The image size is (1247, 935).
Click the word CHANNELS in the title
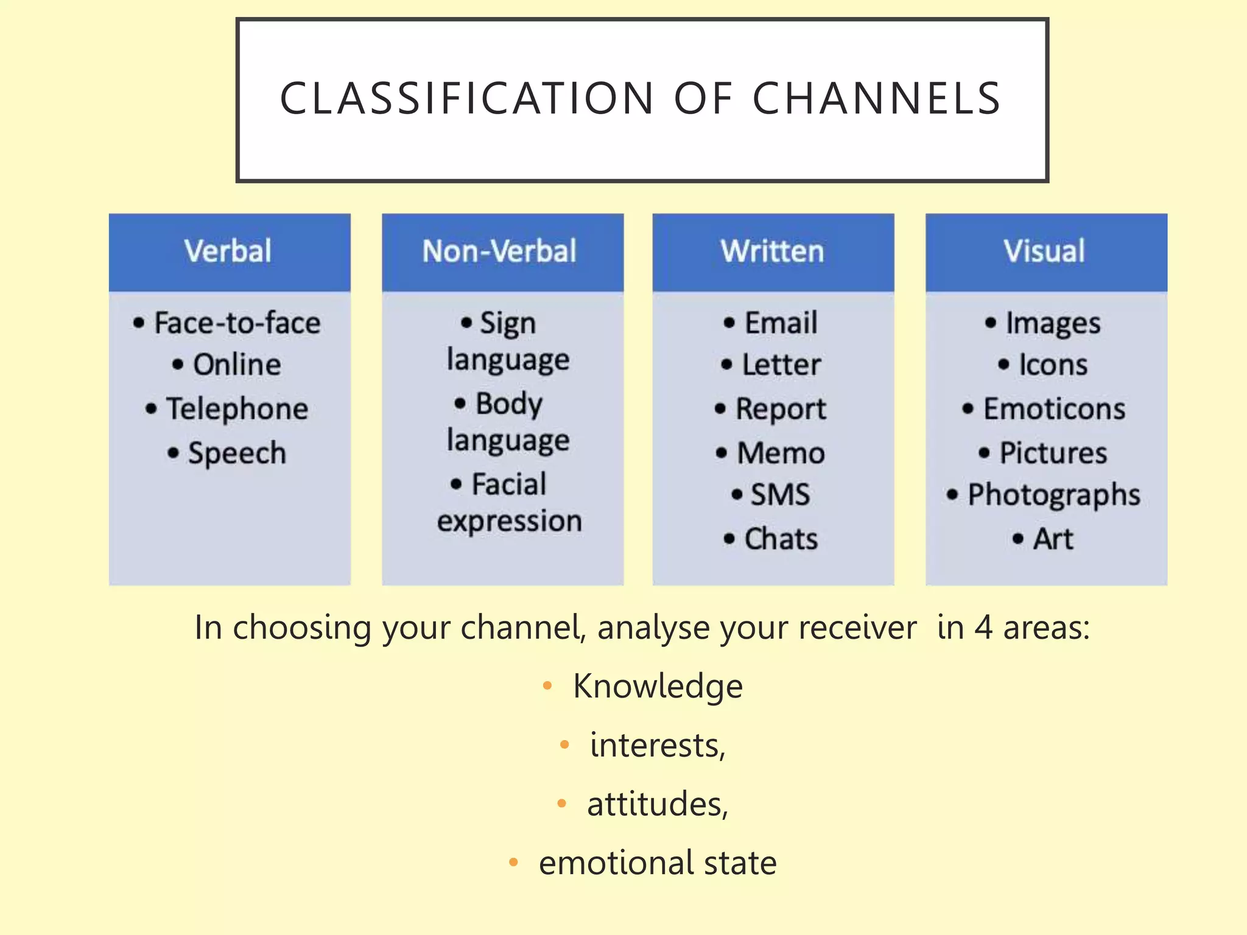click(x=877, y=99)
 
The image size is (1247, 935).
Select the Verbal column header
click(x=228, y=251)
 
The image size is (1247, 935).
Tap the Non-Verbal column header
click(x=500, y=251)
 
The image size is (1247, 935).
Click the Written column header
click(x=772, y=251)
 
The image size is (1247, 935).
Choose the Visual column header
click(x=1044, y=251)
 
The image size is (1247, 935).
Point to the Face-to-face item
click(x=237, y=323)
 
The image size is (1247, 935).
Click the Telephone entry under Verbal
click(x=237, y=409)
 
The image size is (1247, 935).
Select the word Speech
click(x=237, y=453)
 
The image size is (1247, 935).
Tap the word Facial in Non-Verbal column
click(x=509, y=485)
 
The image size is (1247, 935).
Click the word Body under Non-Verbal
click(x=509, y=404)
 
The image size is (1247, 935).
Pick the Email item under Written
click(x=781, y=323)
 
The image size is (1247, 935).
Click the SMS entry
click(x=780, y=494)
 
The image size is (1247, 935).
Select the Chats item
click(x=781, y=539)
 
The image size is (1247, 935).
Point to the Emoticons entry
click(x=1054, y=409)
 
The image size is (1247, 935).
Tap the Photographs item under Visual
click(x=1054, y=494)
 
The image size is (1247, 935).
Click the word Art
click(x=1053, y=539)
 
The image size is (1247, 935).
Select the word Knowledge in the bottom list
click(x=658, y=687)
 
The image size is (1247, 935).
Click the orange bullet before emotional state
click(x=513, y=863)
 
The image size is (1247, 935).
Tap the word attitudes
click(x=656, y=804)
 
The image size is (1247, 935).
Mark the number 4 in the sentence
click(x=983, y=628)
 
